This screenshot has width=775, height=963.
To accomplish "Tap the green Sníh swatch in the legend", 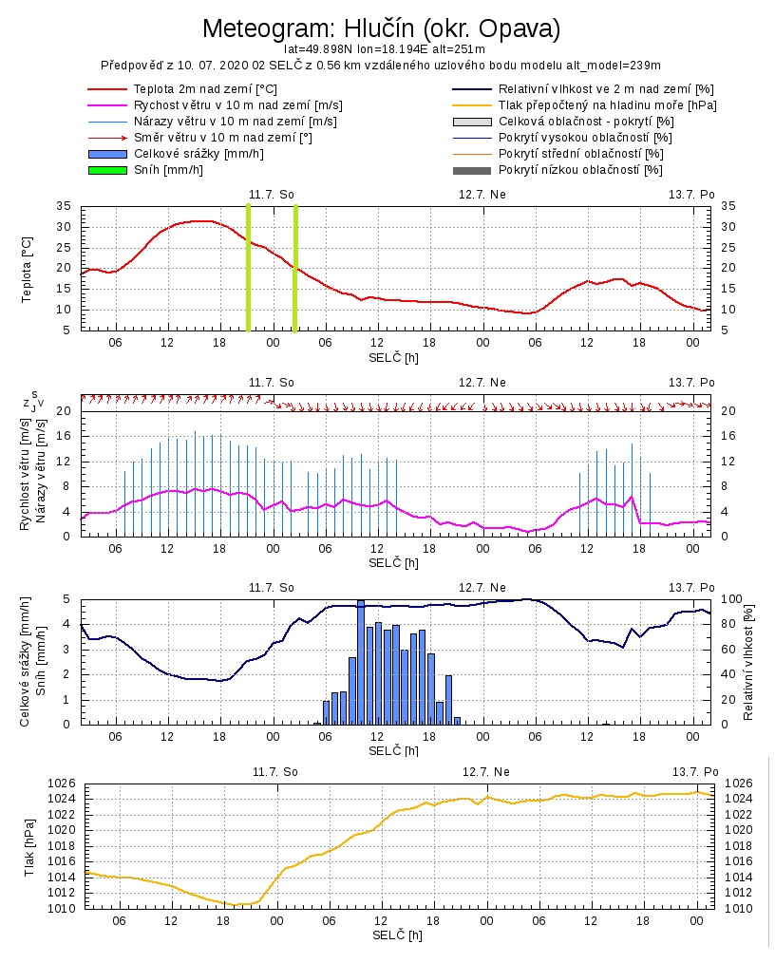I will pos(106,170).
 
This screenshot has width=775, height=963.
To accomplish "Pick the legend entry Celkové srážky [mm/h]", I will pos(198,154).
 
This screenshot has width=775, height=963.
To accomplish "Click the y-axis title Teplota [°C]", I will pos(28,269).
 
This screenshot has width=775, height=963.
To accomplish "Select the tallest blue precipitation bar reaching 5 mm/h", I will pos(361,661).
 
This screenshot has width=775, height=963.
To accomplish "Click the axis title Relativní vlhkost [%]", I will pos(748,661).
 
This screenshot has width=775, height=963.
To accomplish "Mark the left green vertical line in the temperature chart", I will pos(249,268).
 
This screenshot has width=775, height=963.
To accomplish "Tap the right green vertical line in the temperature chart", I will pos(295,268).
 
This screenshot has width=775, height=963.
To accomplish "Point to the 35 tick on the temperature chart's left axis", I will pos(64,206).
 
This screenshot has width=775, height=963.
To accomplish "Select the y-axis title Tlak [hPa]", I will pos(29,846).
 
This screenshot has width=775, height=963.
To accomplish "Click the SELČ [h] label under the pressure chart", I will pos(398,935).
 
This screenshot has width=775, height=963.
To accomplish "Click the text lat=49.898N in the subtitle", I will pos(318,48).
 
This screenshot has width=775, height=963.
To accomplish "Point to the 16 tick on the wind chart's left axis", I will pos(65,436).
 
